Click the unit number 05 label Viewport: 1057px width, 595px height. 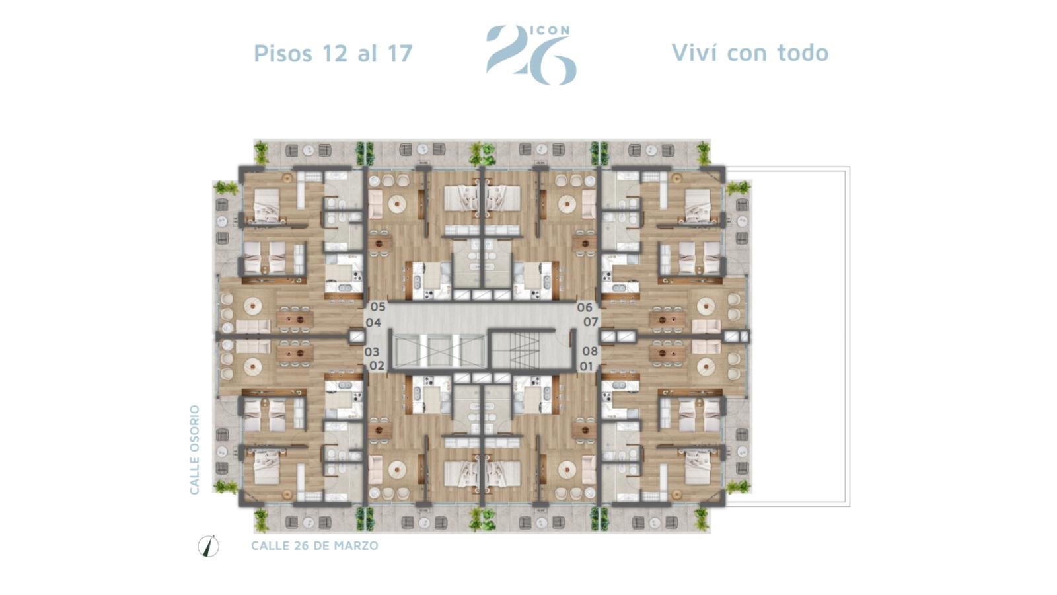(x=378, y=307)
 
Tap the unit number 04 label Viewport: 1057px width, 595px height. (x=373, y=323)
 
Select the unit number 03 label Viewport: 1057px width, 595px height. (x=372, y=352)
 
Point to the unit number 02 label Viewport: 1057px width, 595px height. (x=377, y=366)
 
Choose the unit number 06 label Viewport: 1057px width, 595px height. (x=585, y=307)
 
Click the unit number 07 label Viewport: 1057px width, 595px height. (x=591, y=322)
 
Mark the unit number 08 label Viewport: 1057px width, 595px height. (x=590, y=351)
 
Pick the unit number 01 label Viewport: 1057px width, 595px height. (x=586, y=366)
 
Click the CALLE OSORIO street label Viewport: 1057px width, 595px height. (x=194, y=450)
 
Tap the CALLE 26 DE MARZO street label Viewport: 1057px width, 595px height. (x=314, y=546)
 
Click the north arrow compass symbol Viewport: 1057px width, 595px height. (x=208, y=547)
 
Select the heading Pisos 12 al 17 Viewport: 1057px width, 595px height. (x=333, y=53)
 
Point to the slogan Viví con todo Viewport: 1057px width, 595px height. (x=750, y=52)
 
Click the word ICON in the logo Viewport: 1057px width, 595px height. (x=552, y=30)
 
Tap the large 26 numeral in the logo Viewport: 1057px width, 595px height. (x=531, y=56)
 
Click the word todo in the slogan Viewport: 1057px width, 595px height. (x=803, y=52)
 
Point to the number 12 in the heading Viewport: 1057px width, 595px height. (x=334, y=53)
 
